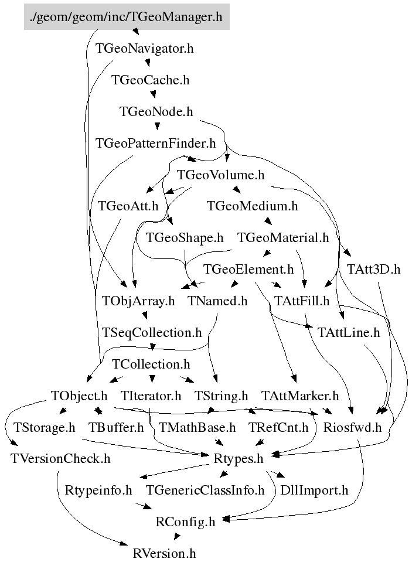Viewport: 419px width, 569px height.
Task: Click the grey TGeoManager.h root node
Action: [127, 16]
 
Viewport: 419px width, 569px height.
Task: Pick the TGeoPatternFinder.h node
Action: [155, 143]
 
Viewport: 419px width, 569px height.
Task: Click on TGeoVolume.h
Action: [220, 175]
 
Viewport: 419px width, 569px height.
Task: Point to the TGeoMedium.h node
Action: [253, 206]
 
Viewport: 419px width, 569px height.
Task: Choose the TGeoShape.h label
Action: [185, 237]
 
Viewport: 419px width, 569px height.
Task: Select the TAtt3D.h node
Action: [373, 269]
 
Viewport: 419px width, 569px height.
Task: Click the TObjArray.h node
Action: [138, 301]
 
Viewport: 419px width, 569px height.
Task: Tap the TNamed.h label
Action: [217, 301]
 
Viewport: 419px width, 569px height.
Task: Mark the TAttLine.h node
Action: [349, 332]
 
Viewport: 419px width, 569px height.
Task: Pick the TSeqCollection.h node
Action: [152, 332]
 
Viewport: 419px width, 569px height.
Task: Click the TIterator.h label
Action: [151, 396]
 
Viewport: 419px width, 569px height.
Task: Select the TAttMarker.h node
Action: [300, 396]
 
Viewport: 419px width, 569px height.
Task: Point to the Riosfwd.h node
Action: [352, 427]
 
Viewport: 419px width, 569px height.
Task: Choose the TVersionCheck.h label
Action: [60, 458]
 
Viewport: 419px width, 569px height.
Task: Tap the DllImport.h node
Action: [314, 490]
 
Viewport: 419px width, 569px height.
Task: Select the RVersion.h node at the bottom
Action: [164, 552]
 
